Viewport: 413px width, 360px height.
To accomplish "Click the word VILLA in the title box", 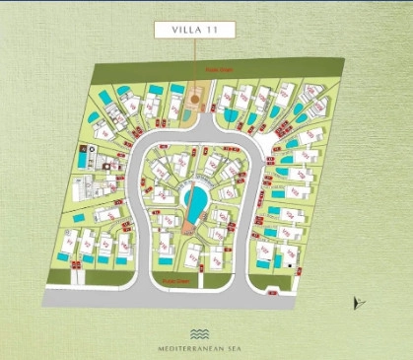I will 184,31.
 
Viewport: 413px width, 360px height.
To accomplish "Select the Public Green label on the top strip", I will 217,70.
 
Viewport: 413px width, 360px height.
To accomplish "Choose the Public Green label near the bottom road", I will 175,280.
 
